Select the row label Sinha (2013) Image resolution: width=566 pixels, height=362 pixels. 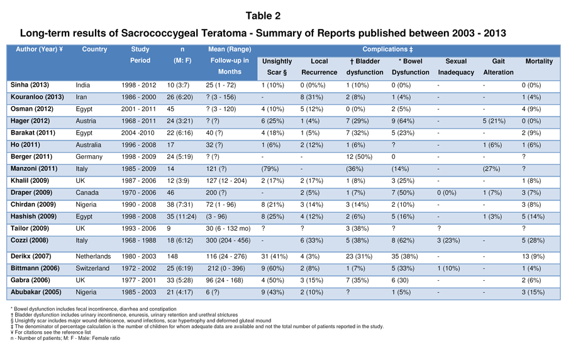coord(30,85)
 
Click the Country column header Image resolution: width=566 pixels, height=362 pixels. coord(94,50)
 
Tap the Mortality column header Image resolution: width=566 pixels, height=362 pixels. coord(539,62)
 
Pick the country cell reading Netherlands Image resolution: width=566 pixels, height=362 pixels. coord(93,256)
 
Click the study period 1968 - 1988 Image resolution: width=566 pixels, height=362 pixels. coord(139,240)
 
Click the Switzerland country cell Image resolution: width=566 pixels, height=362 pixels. coord(94,268)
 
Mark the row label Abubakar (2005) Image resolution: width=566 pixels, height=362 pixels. coord(35,292)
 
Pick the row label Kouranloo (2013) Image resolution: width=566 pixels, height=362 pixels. coord(37,97)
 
